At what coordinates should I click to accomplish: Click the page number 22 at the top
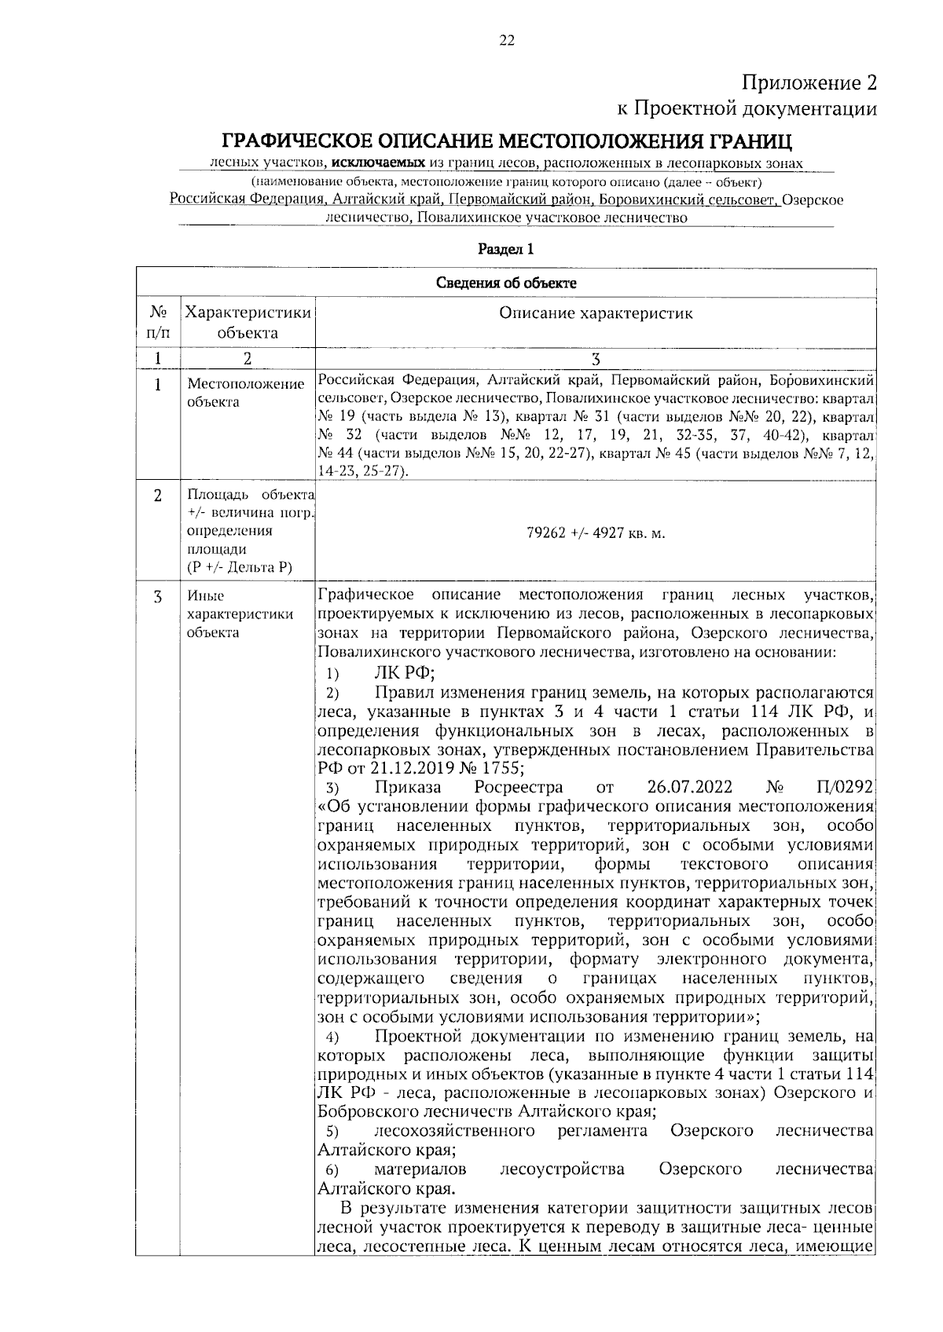(x=506, y=41)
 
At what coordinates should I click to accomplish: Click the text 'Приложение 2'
(x=809, y=82)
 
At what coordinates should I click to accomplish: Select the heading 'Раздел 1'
(x=506, y=250)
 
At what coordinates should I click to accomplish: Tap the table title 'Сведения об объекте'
(x=506, y=283)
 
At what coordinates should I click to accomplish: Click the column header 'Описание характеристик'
(x=596, y=314)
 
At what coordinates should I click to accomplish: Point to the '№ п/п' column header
(x=157, y=323)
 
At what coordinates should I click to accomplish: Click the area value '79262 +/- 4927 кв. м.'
(x=595, y=533)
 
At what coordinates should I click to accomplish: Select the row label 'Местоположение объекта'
(x=245, y=393)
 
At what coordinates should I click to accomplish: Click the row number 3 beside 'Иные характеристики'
(x=157, y=596)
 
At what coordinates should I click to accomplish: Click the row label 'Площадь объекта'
(x=250, y=495)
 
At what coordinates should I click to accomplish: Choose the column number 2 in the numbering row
(x=247, y=359)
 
